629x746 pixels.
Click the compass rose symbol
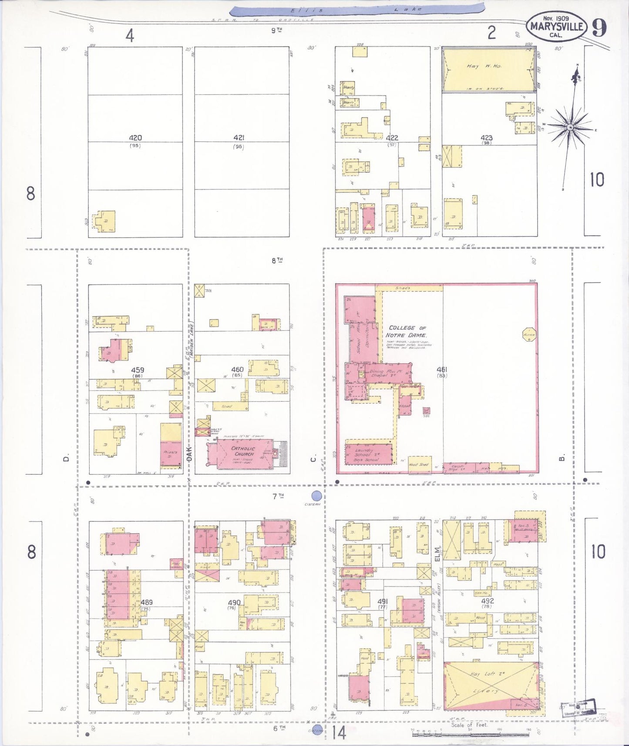[569, 127]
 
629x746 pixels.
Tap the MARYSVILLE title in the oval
[557, 26]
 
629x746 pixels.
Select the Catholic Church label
[242, 451]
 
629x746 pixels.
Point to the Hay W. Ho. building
[488, 70]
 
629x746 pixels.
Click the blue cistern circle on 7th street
[317, 496]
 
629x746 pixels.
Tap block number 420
[135, 138]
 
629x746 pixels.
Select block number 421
[239, 138]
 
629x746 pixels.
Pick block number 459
[137, 370]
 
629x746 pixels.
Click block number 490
[235, 603]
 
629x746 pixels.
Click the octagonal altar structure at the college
[528, 335]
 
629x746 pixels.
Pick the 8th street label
[277, 260]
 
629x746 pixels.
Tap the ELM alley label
[437, 555]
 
